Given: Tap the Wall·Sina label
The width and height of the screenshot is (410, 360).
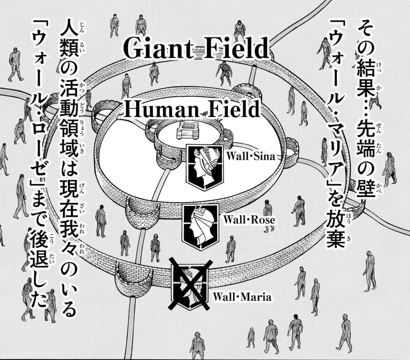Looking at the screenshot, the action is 251,156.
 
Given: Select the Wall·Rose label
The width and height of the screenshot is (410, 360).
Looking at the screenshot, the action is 248,220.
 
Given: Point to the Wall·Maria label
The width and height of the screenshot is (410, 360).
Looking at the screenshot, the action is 242,297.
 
